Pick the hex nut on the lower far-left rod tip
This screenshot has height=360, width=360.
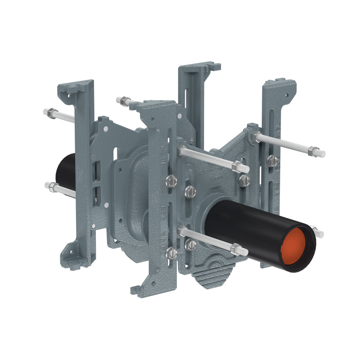click(52, 187)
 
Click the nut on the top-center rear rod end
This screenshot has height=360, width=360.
click(123, 100)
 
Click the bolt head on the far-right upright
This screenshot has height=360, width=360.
click(273, 161)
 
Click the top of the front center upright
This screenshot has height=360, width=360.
click(154, 106)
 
